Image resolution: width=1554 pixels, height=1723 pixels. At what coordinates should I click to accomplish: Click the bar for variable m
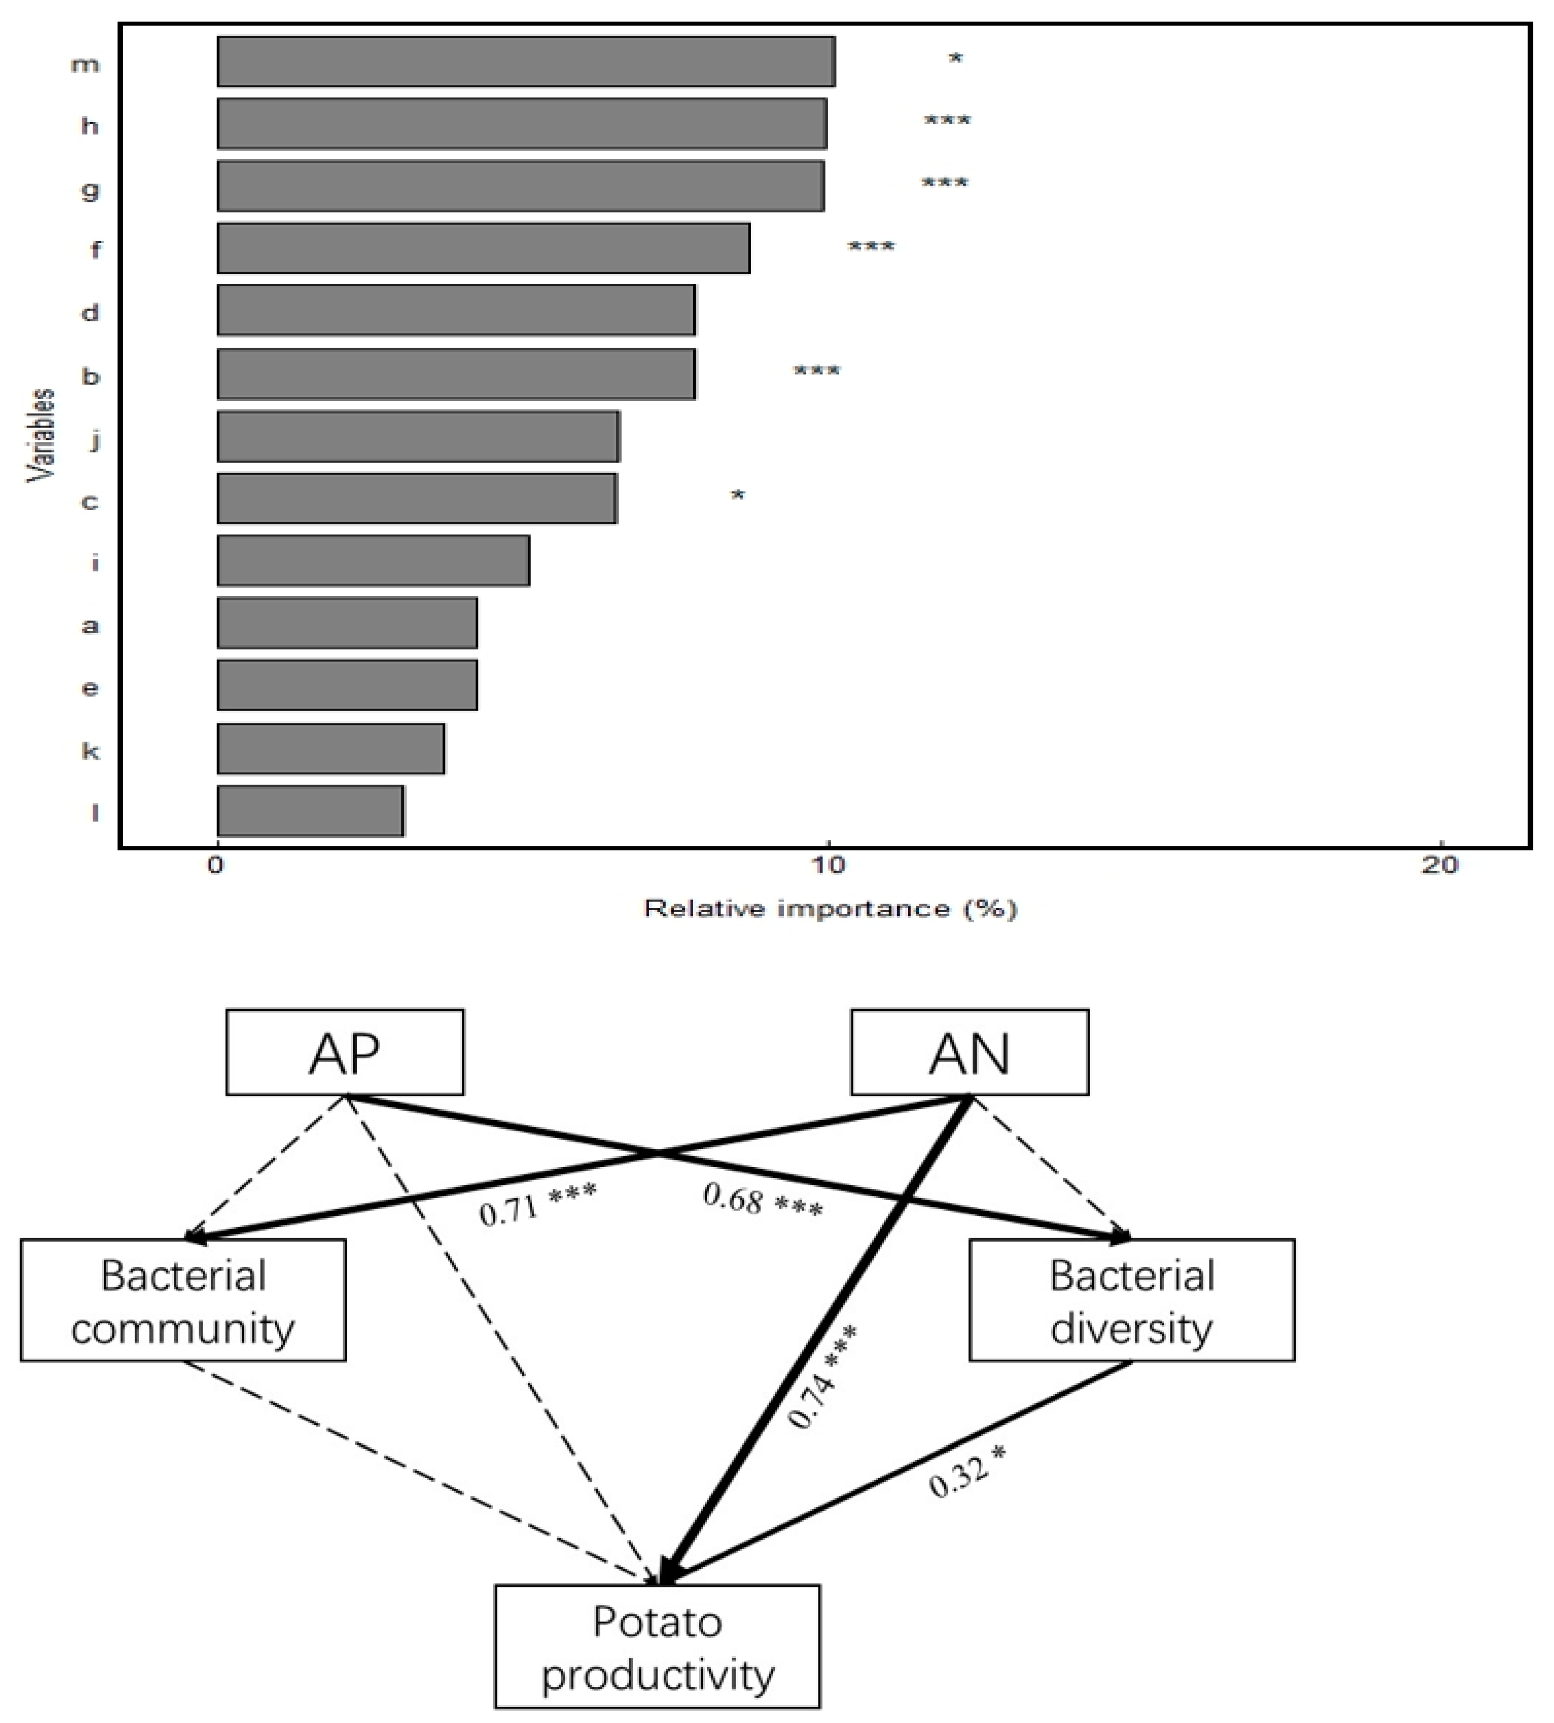tap(525, 62)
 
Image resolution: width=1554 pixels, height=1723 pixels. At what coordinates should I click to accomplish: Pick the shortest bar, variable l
tap(310, 811)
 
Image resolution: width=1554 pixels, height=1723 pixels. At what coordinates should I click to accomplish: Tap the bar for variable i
tap(373, 561)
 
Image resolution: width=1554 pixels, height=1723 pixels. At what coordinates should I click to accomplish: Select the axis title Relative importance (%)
tap(830, 908)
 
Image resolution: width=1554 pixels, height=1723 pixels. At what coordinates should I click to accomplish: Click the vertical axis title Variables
tap(41, 435)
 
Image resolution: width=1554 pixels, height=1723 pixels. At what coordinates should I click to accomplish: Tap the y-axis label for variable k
tap(90, 750)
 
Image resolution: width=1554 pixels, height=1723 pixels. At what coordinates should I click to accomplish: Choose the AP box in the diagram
tap(345, 1053)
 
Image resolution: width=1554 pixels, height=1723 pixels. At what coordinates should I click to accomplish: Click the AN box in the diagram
tap(969, 1053)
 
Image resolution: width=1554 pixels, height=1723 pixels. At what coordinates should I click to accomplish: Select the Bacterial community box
tap(183, 1300)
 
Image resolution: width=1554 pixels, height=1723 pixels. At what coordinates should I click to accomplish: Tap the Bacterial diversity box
tap(1132, 1300)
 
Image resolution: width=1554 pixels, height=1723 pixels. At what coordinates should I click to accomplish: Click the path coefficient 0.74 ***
tap(822, 1376)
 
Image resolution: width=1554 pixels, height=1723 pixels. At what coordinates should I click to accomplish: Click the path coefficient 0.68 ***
tap(763, 1201)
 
